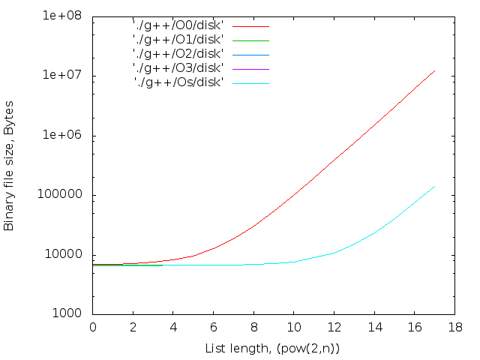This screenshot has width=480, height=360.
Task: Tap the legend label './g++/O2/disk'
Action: pos(178,54)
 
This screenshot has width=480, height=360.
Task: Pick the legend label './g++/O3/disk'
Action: pos(178,68)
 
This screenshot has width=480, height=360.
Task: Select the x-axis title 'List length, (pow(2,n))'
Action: pos(273,349)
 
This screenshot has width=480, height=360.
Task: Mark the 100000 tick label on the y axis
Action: pos(65,195)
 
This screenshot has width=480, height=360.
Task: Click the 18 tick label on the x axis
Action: pos(453,327)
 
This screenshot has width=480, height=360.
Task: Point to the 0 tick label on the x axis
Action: pos(93,327)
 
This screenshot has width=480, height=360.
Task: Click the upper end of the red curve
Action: pos(435,70)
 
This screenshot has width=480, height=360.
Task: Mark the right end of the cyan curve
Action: pos(435,186)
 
